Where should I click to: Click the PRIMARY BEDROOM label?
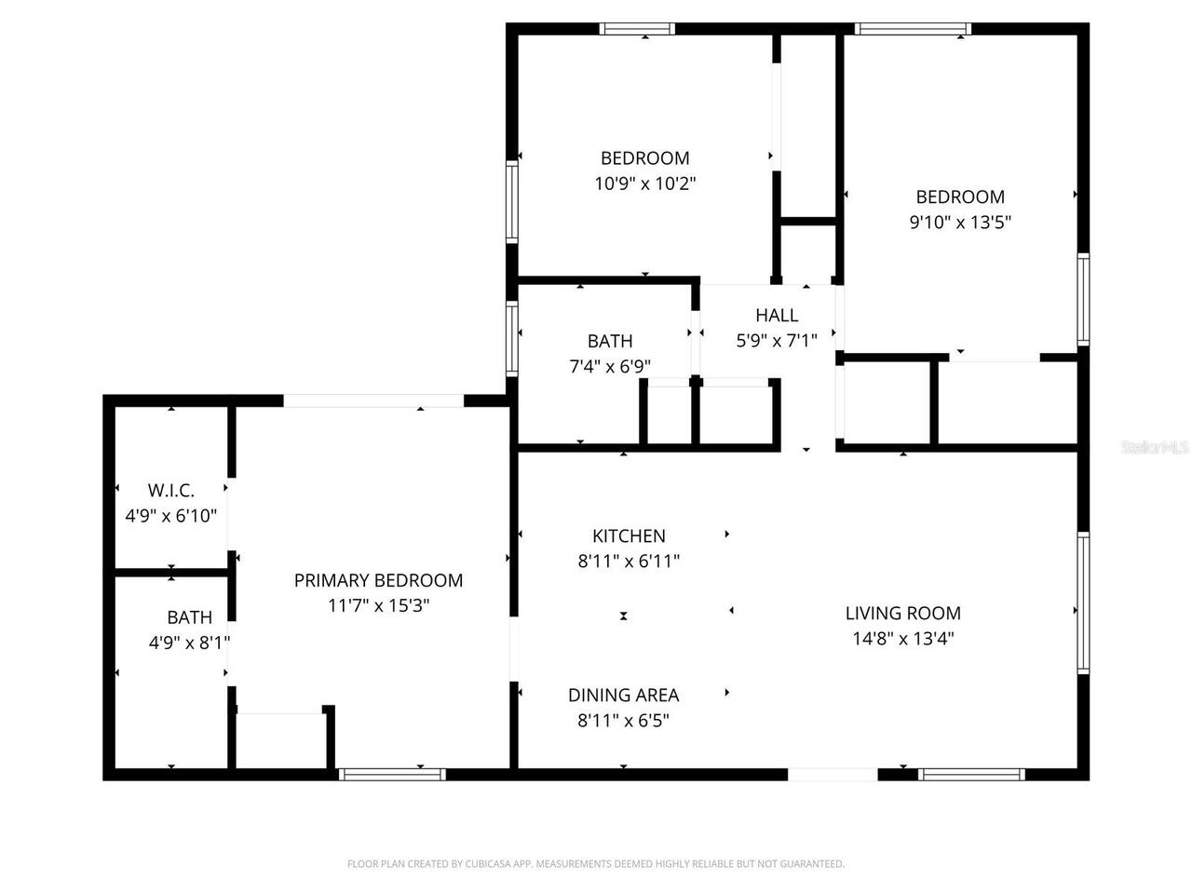(378, 581)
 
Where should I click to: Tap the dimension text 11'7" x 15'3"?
(378, 605)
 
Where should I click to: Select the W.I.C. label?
(171, 491)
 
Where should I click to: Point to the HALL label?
(777, 316)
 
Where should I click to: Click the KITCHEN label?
(629, 536)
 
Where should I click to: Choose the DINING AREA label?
(623, 696)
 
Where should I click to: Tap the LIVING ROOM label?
(903, 614)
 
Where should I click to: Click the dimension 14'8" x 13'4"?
(903, 638)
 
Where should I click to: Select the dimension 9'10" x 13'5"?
(960, 222)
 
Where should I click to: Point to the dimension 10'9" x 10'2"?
(645, 183)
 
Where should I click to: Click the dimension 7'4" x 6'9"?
(610, 366)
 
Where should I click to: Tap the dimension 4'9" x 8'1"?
(190, 643)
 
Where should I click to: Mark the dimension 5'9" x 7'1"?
(777, 340)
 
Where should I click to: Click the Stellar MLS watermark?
(1155, 447)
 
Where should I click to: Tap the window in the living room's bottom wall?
(971, 775)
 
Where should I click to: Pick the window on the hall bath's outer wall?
(511, 339)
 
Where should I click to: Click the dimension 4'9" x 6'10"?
(171, 516)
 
